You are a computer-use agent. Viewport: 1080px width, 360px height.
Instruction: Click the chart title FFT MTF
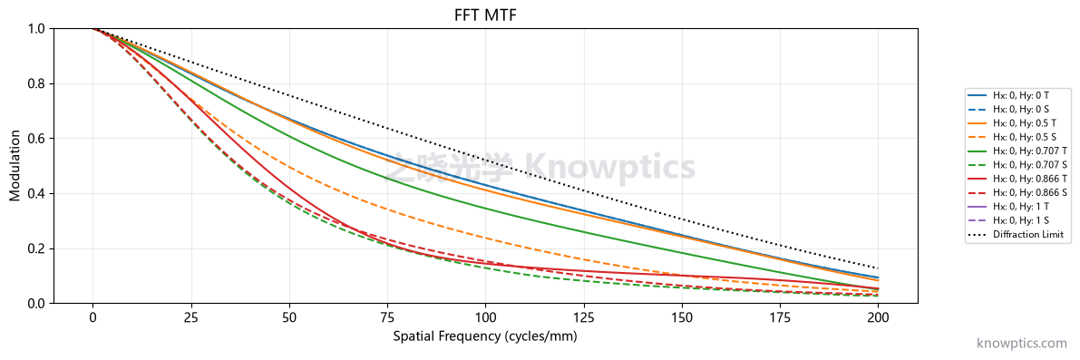[x=485, y=13]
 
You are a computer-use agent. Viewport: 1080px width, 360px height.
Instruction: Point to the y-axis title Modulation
[x=15, y=166]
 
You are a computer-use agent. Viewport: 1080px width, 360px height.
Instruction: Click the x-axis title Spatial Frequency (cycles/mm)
[x=485, y=336]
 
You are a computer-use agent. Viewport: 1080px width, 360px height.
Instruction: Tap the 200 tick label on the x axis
[x=878, y=318]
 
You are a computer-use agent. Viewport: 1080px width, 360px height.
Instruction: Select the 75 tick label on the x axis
[x=387, y=318]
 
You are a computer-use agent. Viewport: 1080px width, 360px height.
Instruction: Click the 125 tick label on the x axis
[x=583, y=318]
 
